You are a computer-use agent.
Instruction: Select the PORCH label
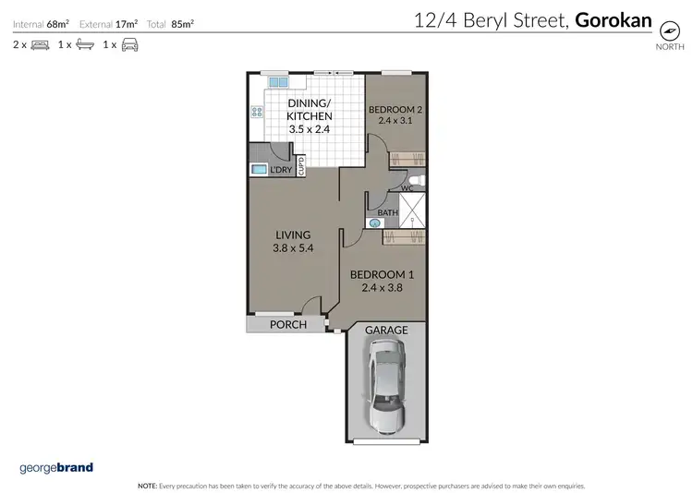coord(287,325)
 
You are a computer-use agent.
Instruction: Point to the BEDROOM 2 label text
coord(396,110)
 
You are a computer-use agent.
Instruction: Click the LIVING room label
coord(292,234)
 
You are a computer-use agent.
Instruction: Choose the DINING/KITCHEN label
coord(309,109)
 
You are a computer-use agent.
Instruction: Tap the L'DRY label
coord(281,171)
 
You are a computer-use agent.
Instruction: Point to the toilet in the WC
coord(416,179)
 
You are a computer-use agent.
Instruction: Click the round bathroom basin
coord(375,222)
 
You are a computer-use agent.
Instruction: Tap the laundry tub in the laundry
coord(258,169)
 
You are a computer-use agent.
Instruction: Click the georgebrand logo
coord(56,468)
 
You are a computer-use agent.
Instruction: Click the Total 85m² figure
coord(176,23)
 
